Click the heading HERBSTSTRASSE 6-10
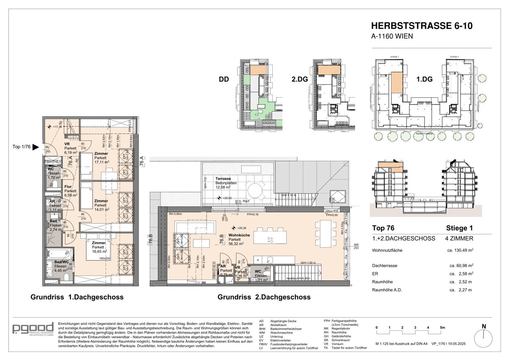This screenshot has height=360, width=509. click(422, 26)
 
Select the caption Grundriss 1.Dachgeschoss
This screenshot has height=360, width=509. click(77, 297)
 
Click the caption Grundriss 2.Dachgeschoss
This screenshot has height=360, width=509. click(264, 297)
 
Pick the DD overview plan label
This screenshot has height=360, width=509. click(224, 79)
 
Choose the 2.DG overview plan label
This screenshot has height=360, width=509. click(299, 79)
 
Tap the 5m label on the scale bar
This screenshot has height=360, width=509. click(442, 328)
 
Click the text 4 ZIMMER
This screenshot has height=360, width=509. click(460, 239)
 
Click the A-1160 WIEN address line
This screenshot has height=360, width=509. click(392, 37)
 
